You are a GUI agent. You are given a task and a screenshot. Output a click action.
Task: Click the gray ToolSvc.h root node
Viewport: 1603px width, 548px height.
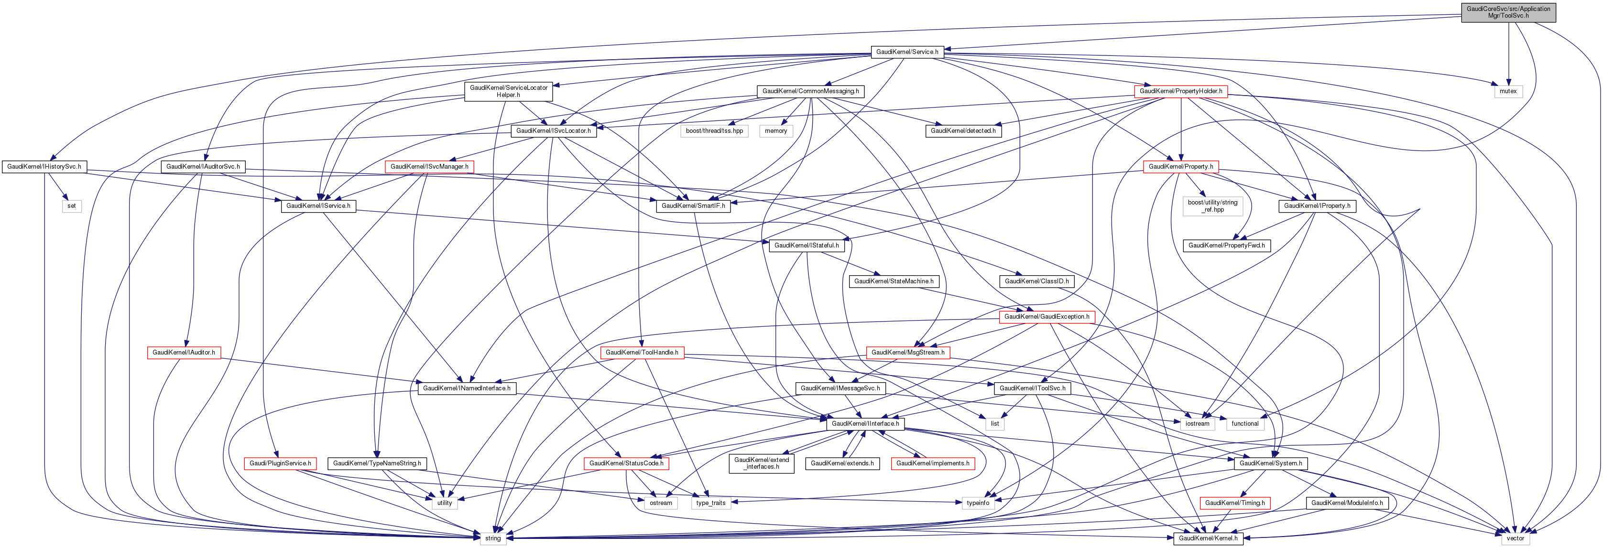1508,12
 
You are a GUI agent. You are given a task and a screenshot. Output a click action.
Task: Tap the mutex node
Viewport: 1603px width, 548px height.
1508,91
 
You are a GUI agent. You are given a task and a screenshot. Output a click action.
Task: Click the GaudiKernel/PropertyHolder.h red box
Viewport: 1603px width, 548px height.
1180,91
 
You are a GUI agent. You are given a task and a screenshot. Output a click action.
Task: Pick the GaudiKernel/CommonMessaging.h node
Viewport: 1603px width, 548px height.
810,91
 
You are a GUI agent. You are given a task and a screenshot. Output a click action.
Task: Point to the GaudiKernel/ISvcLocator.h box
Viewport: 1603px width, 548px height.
553,130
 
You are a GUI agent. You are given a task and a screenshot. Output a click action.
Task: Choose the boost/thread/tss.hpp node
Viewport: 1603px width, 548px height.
714,130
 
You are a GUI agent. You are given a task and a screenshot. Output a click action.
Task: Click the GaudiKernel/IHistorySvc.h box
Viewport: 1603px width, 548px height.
44,167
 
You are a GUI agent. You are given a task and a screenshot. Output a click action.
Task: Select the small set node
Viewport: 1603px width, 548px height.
72,206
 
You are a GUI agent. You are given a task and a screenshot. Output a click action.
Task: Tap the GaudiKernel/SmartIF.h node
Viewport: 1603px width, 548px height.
693,206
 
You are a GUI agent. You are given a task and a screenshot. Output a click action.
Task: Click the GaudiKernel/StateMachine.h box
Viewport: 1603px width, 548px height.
894,281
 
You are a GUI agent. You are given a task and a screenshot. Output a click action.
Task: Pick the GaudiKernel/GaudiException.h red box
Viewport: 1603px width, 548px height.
1047,317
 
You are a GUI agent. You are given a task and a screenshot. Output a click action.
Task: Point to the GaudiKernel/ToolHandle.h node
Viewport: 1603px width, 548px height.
642,352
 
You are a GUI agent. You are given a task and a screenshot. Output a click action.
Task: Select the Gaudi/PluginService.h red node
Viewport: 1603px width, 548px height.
280,463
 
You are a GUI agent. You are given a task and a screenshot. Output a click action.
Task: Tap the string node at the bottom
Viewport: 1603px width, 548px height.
492,538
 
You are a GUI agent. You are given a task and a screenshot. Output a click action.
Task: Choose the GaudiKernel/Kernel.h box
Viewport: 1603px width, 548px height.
1208,538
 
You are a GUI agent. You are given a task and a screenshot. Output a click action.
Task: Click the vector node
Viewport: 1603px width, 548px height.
1515,538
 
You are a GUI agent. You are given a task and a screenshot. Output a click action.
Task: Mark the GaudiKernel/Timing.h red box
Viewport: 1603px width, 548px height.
1234,503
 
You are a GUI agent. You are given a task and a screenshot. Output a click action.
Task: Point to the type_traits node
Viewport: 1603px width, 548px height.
710,503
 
